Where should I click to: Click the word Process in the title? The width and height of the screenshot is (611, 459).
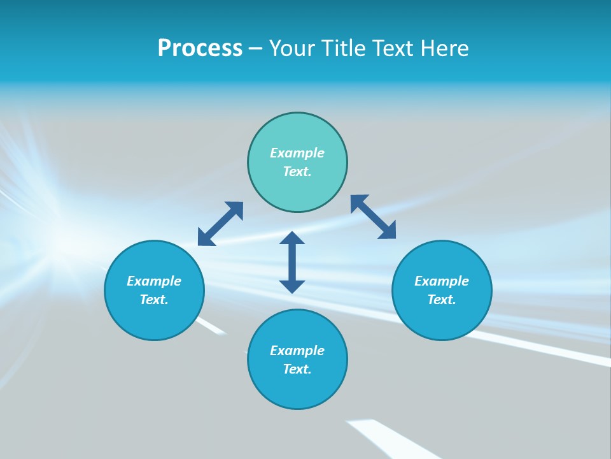pyautogui.click(x=200, y=48)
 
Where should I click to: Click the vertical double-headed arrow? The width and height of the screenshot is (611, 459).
pyautogui.click(x=292, y=263)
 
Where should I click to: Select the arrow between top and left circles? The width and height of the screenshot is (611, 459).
pyautogui.click(x=220, y=224)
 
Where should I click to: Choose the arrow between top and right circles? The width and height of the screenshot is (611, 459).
pyautogui.click(x=374, y=217)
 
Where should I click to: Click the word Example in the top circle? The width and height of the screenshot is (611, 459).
pyautogui.click(x=297, y=153)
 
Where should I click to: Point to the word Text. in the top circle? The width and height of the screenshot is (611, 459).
pyautogui.click(x=297, y=171)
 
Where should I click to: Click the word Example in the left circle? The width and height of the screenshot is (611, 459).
pyautogui.click(x=154, y=281)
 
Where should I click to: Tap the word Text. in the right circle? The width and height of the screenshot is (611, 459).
pyautogui.click(x=442, y=300)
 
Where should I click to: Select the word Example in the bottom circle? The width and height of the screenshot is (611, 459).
pyautogui.click(x=297, y=351)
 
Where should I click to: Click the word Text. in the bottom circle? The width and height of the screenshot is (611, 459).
pyautogui.click(x=297, y=369)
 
